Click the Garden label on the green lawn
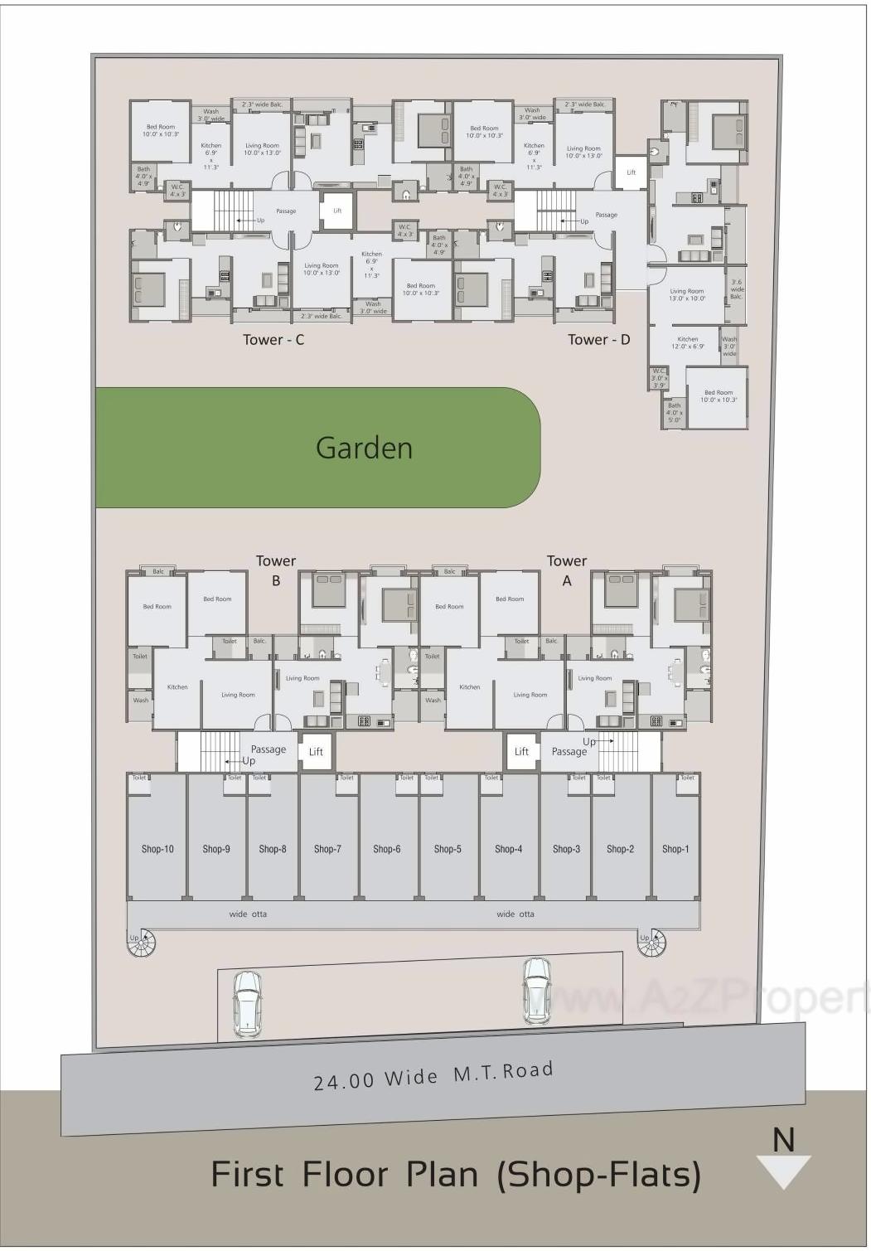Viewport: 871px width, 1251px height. pos(364,449)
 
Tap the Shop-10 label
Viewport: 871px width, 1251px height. pos(157,849)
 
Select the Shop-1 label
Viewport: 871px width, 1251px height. pos(675,849)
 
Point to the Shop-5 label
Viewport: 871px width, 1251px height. pos(448,849)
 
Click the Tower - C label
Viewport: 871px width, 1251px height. pos(273,340)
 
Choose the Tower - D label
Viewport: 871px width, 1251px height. pos(598,340)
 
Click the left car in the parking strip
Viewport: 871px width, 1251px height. pos(246,1004)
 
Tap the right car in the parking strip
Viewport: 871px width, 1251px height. pos(537,992)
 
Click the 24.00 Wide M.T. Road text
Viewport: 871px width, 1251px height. pos(433,1076)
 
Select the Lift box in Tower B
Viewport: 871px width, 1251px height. pos(316,752)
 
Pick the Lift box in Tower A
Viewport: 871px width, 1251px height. pos(521,752)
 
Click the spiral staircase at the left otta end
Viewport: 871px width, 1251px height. pos(143,943)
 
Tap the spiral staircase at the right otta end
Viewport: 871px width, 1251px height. pos(651,943)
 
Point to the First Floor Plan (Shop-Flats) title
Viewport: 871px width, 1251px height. pos(456,1175)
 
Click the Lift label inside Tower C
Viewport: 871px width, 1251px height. pos(337,211)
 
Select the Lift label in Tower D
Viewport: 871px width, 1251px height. pos(631,172)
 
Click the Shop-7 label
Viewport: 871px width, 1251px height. pos(327,849)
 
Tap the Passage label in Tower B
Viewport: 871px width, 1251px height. pos(269,749)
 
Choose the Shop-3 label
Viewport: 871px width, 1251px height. pos(566,849)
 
